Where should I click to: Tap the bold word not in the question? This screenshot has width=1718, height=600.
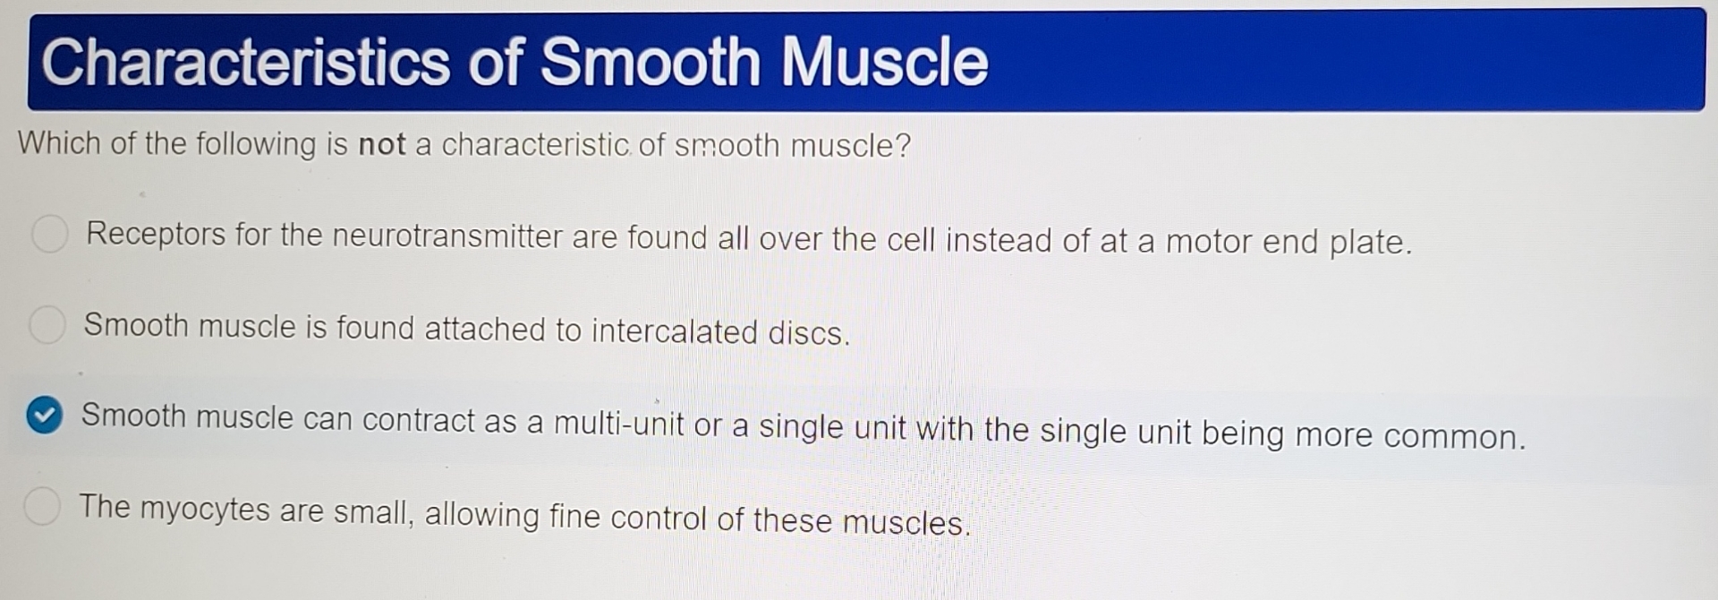(x=382, y=144)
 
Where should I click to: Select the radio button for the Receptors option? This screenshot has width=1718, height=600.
(x=50, y=234)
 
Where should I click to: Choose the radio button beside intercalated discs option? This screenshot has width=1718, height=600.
(x=47, y=324)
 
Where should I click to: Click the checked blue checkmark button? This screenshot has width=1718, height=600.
(x=44, y=416)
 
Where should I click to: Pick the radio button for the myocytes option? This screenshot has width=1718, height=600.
(x=42, y=506)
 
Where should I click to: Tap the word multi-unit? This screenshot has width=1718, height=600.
(x=619, y=423)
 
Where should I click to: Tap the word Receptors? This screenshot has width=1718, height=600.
(x=156, y=234)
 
